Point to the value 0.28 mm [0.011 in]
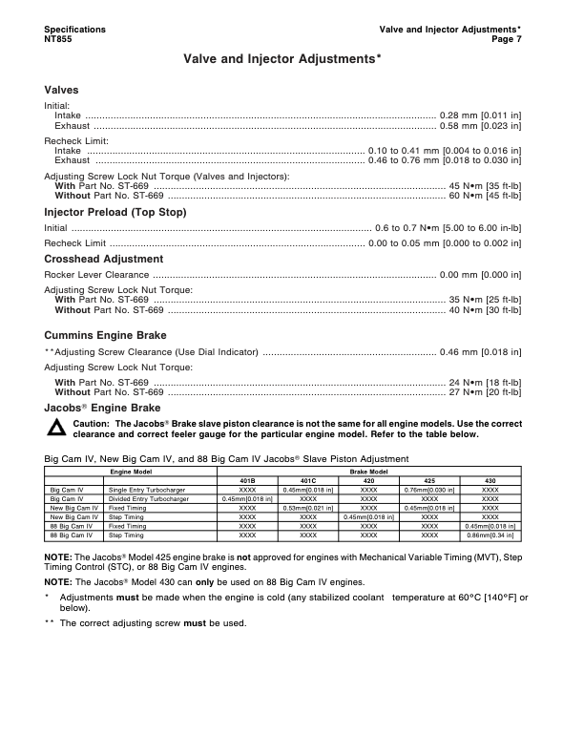480,115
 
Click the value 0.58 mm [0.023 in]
480,125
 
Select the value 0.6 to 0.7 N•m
412,228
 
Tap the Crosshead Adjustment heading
103,259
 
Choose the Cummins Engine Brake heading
105,336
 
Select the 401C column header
308,480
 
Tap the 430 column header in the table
490,480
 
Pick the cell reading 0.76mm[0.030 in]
429,490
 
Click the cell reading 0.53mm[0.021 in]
308,508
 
